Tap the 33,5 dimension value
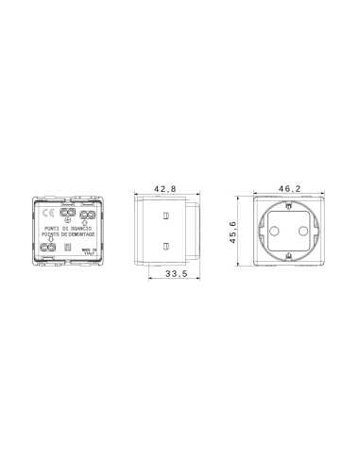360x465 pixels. click(x=174, y=275)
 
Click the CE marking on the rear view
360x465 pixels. click(x=43, y=214)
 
